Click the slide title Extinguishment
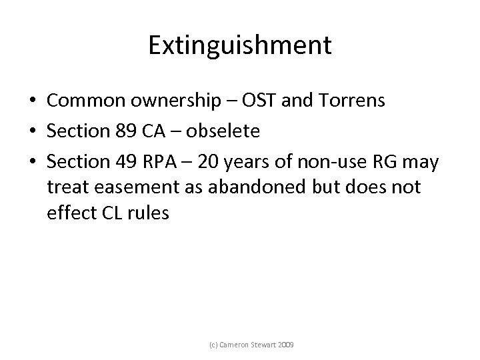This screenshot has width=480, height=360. (x=239, y=45)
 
